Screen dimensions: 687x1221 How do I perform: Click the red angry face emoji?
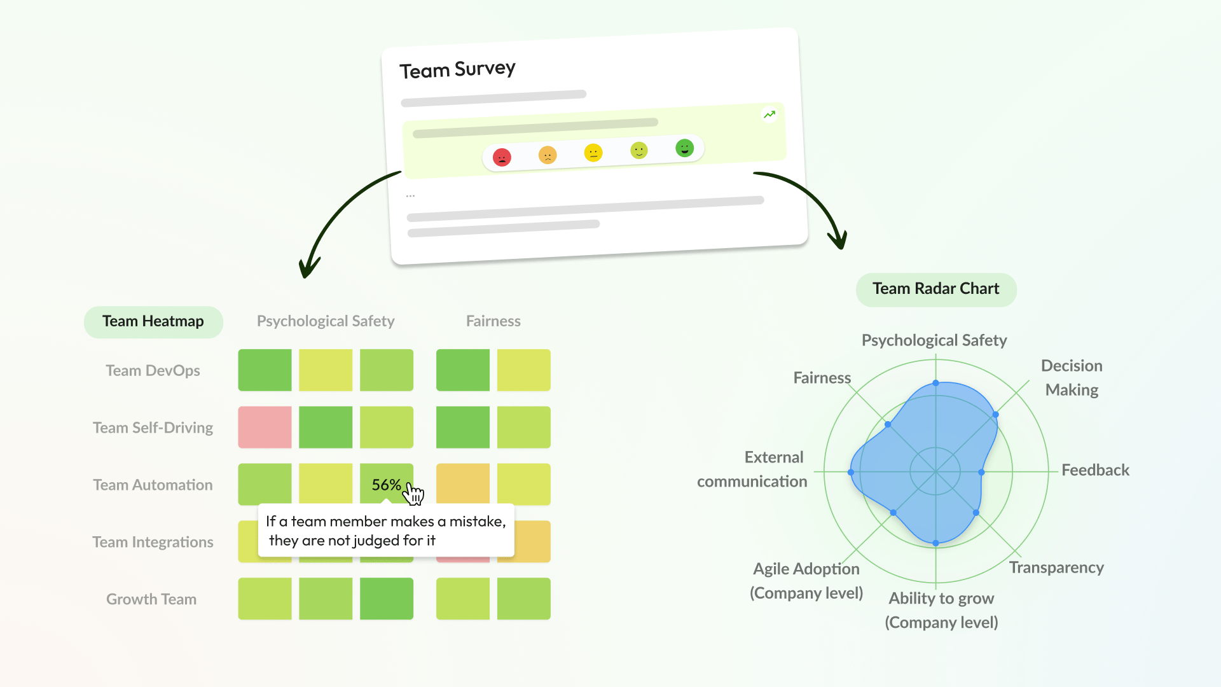(502, 157)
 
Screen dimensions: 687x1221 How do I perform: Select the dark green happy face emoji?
(684, 148)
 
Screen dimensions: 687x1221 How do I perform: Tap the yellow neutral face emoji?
(593, 153)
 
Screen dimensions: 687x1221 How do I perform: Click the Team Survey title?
(457, 69)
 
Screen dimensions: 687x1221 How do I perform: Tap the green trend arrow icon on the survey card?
(769, 114)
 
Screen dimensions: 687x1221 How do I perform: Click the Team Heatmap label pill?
(153, 322)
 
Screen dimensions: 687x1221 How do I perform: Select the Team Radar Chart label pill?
(935, 289)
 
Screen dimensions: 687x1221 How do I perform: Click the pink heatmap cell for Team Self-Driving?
(265, 427)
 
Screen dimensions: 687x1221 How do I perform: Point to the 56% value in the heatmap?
(386, 485)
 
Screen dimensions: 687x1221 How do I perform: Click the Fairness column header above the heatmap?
(493, 322)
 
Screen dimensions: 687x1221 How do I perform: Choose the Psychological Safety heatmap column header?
(326, 322)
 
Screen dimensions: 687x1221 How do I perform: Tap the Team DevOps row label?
(153, 371)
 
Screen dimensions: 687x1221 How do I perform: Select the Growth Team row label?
(151, 599)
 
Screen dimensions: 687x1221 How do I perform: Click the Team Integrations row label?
(153, 542)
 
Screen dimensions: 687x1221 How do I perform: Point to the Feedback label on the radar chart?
(1095, 471)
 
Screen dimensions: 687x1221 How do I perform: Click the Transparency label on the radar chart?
(1056, 567)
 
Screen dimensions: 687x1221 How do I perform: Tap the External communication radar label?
(752, 469)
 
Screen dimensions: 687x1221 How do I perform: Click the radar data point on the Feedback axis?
(981, 473)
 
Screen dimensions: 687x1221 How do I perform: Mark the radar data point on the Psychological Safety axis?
(935, 383)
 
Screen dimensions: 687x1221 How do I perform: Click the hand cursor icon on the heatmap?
(414, 493)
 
